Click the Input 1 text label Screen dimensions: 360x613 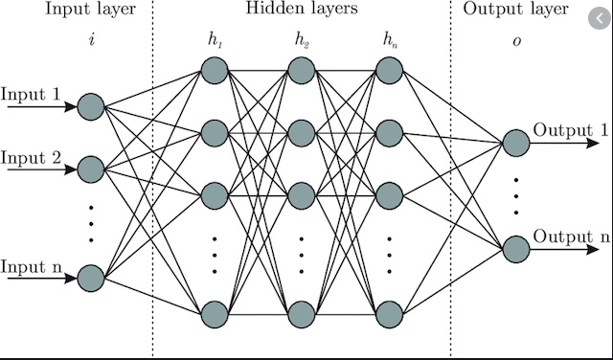(x=32, y=96)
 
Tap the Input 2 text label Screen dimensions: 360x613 (x=32, y=157)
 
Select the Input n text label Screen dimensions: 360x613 (x=32, y=265)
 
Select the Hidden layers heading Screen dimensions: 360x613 (x=303, y=11)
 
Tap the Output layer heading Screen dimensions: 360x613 (x=515, y=11)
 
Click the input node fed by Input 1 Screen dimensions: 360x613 (x=91, y=106)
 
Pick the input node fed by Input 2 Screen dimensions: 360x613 (x=91, y=169)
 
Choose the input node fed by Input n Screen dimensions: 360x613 (x=91, y=277)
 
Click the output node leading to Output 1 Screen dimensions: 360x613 (x=515, y=142)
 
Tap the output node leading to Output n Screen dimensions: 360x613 (x=515, y=248)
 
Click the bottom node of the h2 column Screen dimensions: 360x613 (x=302, y=313)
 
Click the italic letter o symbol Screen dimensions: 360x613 (x=515, y=40)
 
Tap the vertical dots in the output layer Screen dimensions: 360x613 (x=515, y=194)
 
